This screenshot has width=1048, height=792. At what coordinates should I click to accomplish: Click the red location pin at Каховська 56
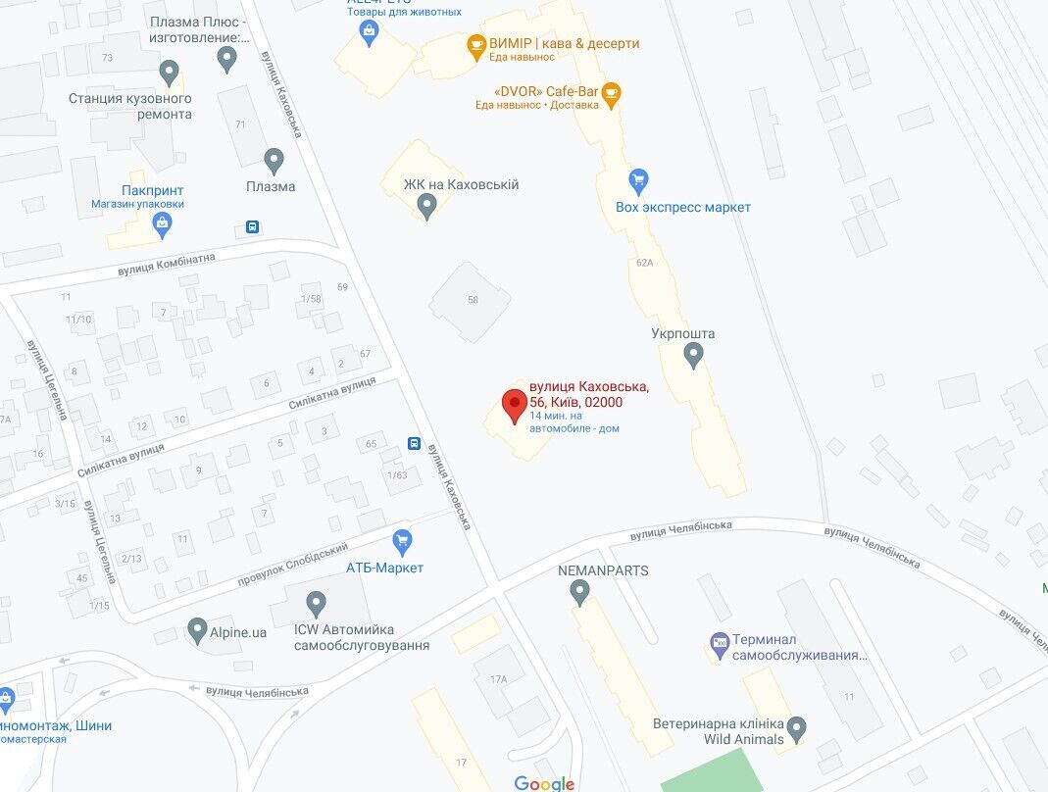point(514,404)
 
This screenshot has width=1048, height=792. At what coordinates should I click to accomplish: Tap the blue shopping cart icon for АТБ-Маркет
point(401,541)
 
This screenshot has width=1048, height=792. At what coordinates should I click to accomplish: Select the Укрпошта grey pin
point(693,355)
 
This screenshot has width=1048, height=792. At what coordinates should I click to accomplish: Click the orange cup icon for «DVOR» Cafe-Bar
point(611,94)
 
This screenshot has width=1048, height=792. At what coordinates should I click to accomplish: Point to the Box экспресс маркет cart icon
point(638,181)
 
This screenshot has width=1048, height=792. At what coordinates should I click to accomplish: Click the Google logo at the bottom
point(544,782)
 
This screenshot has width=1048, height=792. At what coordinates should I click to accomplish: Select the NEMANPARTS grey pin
point(579,592)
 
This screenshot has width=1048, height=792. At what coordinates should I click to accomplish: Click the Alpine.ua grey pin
point(197,630)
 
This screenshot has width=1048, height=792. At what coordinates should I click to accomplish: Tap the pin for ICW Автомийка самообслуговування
point(316,604)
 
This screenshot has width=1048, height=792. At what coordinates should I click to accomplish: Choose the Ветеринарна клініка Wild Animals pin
point(796,729)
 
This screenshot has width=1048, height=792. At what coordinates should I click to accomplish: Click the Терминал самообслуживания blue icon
point(720,643)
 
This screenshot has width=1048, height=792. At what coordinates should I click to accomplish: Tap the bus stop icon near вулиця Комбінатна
point(253,227)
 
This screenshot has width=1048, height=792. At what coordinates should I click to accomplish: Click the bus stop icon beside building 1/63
point(415,444)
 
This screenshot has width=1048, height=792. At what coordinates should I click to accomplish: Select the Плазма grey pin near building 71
point(274,160)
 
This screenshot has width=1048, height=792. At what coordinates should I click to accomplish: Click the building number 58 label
point(473,299)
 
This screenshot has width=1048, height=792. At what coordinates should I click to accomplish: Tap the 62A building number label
point(644,263)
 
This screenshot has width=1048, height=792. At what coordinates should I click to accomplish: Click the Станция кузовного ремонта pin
point(170,72)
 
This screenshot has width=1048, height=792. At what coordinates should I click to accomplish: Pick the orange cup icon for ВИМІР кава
point(476,44)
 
